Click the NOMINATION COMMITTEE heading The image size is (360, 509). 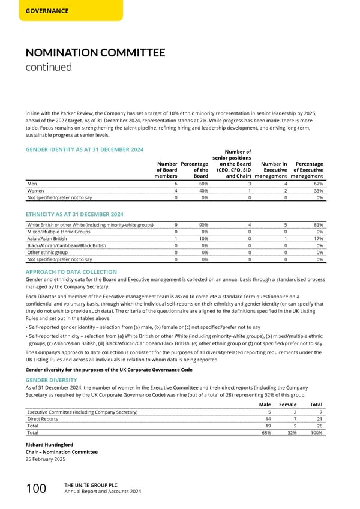pyautogui.click(x=95, y=53)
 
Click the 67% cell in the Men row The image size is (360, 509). pyautogui.click(x=319, y=184)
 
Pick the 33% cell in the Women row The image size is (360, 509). pyautogui.click(x=319, y=190)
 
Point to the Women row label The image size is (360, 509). pyautogui.click(x=35, y=190)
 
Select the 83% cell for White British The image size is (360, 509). pyautogui.click(x=319, y=225)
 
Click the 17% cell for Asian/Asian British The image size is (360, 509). pyautogui.click(x=319, y=238)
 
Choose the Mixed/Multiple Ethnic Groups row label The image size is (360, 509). pyautogui.click(x=59, y=232)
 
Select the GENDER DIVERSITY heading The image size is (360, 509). pyautogui.click(x=51, y=380)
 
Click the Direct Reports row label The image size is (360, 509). pyautogui.click(x=43, y=418)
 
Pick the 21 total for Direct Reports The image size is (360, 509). pyautogui.click(x=319, y=418)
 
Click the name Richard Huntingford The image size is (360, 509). pyautogui.click(x=50, y=445)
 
